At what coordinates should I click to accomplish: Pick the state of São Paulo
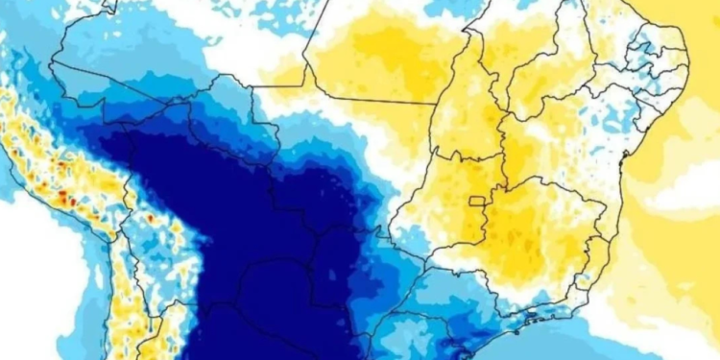click(461, 288)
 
